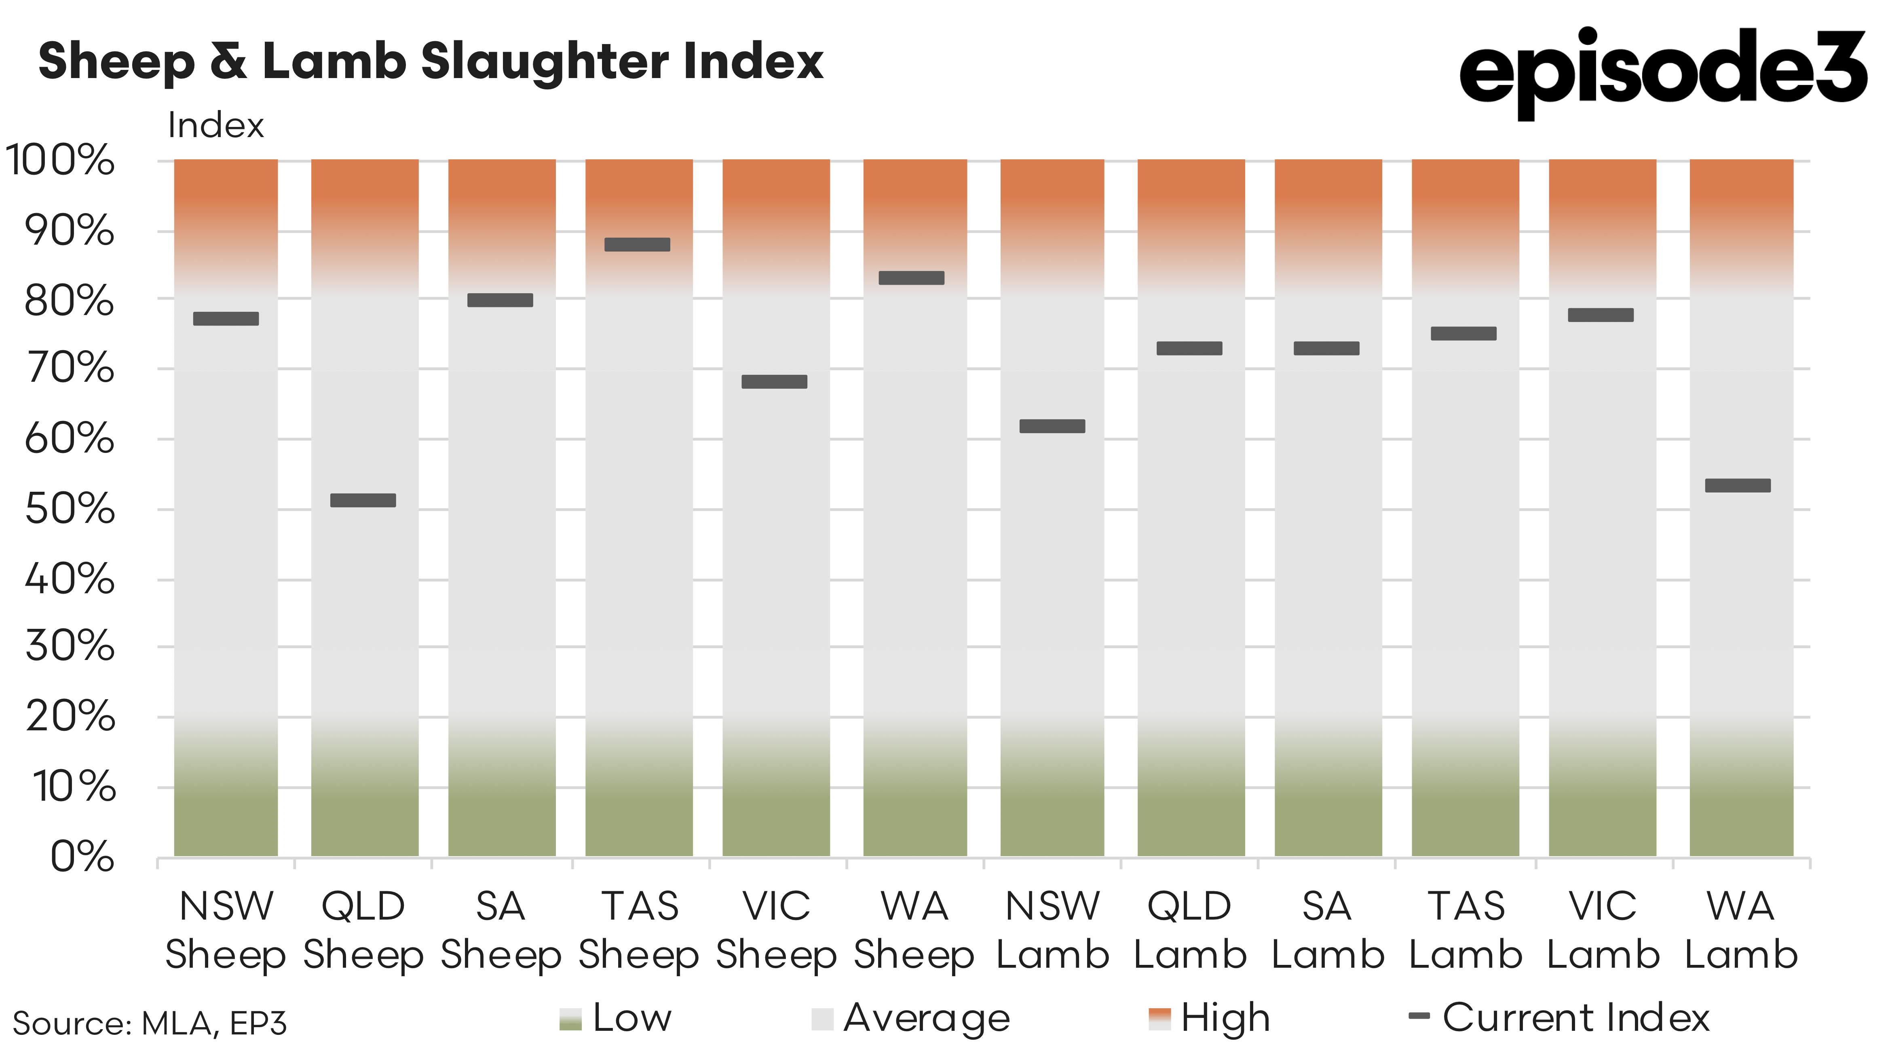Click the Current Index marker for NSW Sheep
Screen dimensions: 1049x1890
click(226, 319)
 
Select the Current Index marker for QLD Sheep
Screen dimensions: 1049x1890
click(363, 501)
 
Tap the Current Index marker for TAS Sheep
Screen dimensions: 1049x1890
click(637, 244)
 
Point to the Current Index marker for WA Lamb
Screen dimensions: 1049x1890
click(1738, 485)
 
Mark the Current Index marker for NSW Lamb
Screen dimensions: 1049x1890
click(1052, 427)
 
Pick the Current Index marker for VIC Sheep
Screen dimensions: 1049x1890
click(774, 382)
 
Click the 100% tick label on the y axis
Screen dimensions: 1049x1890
click(60, 160)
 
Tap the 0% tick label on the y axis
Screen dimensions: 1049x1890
click(82, 857)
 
